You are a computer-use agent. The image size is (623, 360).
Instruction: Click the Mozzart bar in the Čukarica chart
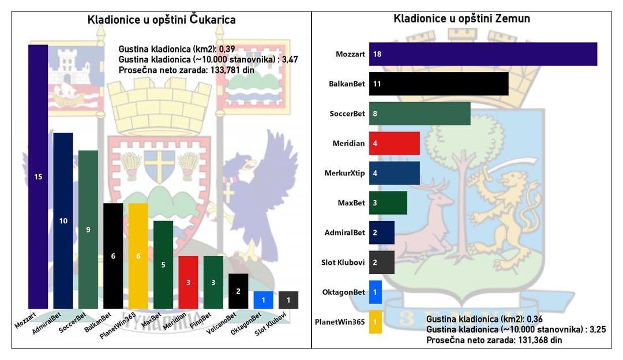coord(38,177)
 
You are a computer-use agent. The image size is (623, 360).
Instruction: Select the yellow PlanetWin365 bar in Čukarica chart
coord(138,256)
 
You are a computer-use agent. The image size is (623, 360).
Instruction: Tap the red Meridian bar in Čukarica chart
coord(189,282)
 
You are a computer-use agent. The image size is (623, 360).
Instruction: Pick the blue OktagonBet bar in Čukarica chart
coord(263,300)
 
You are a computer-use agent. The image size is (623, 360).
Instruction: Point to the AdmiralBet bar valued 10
coord(63,220)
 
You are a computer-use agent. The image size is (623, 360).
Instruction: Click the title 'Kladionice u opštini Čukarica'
coord(162,20)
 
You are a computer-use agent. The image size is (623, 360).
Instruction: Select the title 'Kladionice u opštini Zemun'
coord(461,18)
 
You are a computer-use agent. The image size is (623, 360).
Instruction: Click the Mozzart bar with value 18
coord(483,54)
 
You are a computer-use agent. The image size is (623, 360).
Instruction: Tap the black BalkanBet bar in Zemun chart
coord(438,84)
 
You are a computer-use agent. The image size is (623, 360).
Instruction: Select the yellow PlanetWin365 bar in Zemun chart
coord(375,322)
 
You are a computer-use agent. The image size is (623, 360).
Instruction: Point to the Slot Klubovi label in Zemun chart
coord(343,262)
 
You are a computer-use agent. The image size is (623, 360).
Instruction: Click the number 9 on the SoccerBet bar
coord(88,230)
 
